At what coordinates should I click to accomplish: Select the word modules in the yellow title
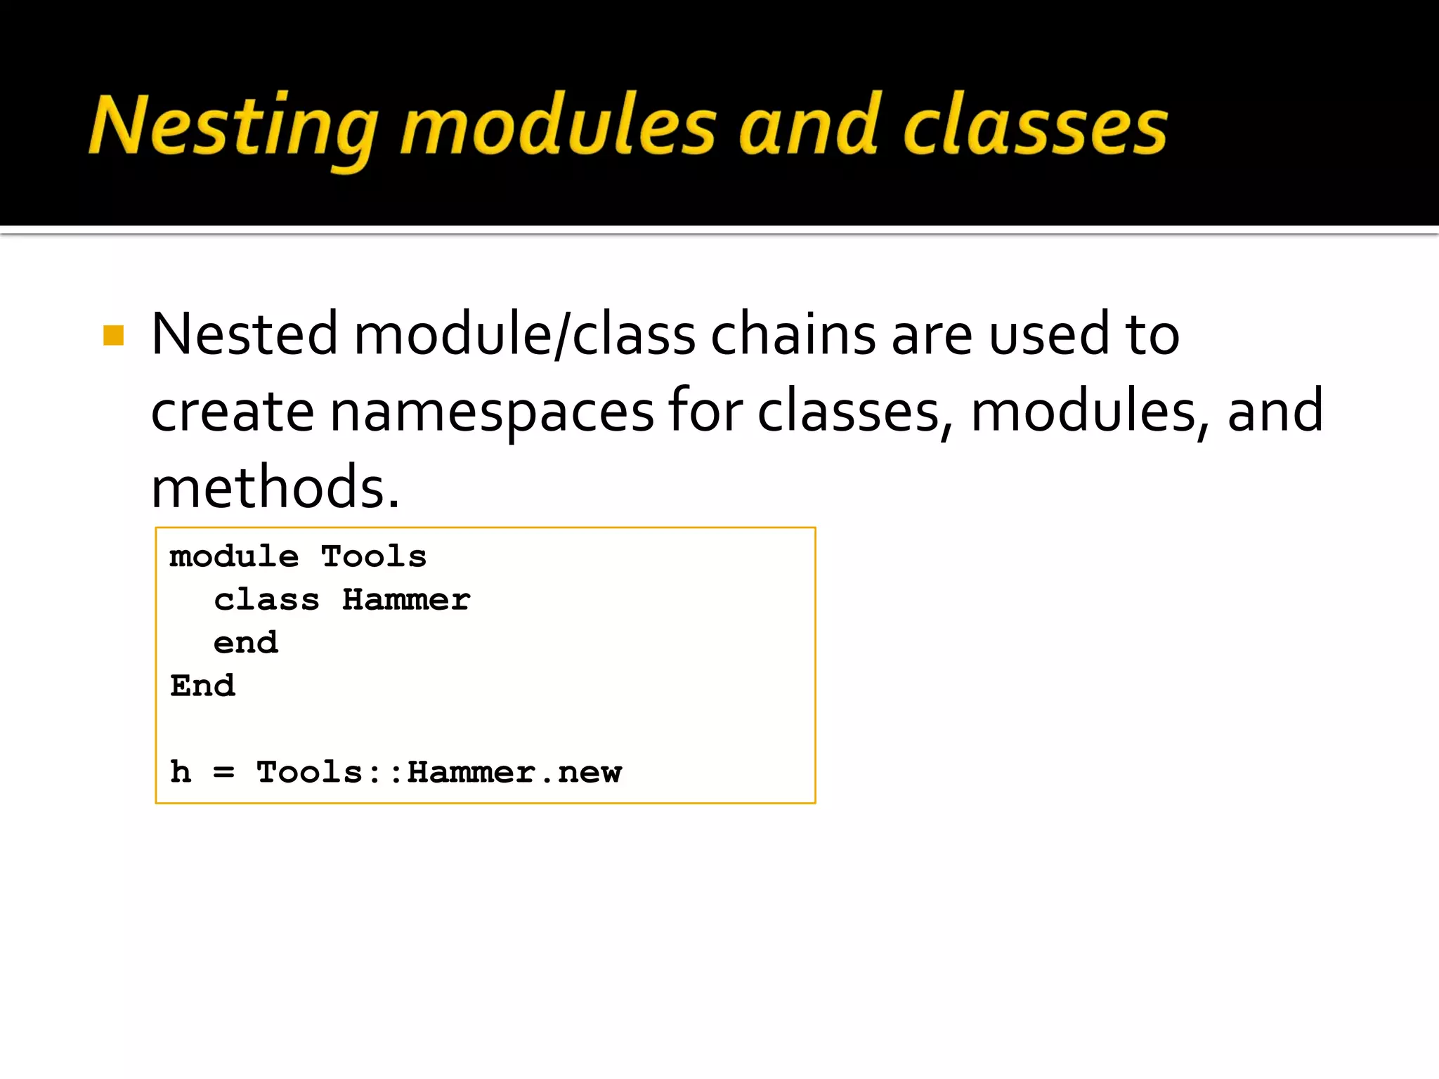click(x=558, y=126)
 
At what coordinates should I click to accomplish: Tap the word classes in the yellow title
click(x=1034, y=126)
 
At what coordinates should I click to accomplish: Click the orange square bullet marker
click(x=113, y=335)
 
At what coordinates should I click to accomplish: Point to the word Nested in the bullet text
click(x=244, y=334)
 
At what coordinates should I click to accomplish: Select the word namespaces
click(x=492, y=411)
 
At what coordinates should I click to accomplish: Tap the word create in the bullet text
click(x=232, y=411)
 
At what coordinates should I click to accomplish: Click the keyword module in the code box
click(x=234, y=556)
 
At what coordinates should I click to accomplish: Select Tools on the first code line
click(x=374, y=556)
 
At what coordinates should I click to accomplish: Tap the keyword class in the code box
click(x=266, y=600)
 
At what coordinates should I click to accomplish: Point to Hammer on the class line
click(x=406, y=600)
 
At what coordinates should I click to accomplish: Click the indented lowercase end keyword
click(x=245, y=643)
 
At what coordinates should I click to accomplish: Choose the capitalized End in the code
click(x=202, y=686)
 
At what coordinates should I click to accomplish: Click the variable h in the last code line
click(x=181, y=772)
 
